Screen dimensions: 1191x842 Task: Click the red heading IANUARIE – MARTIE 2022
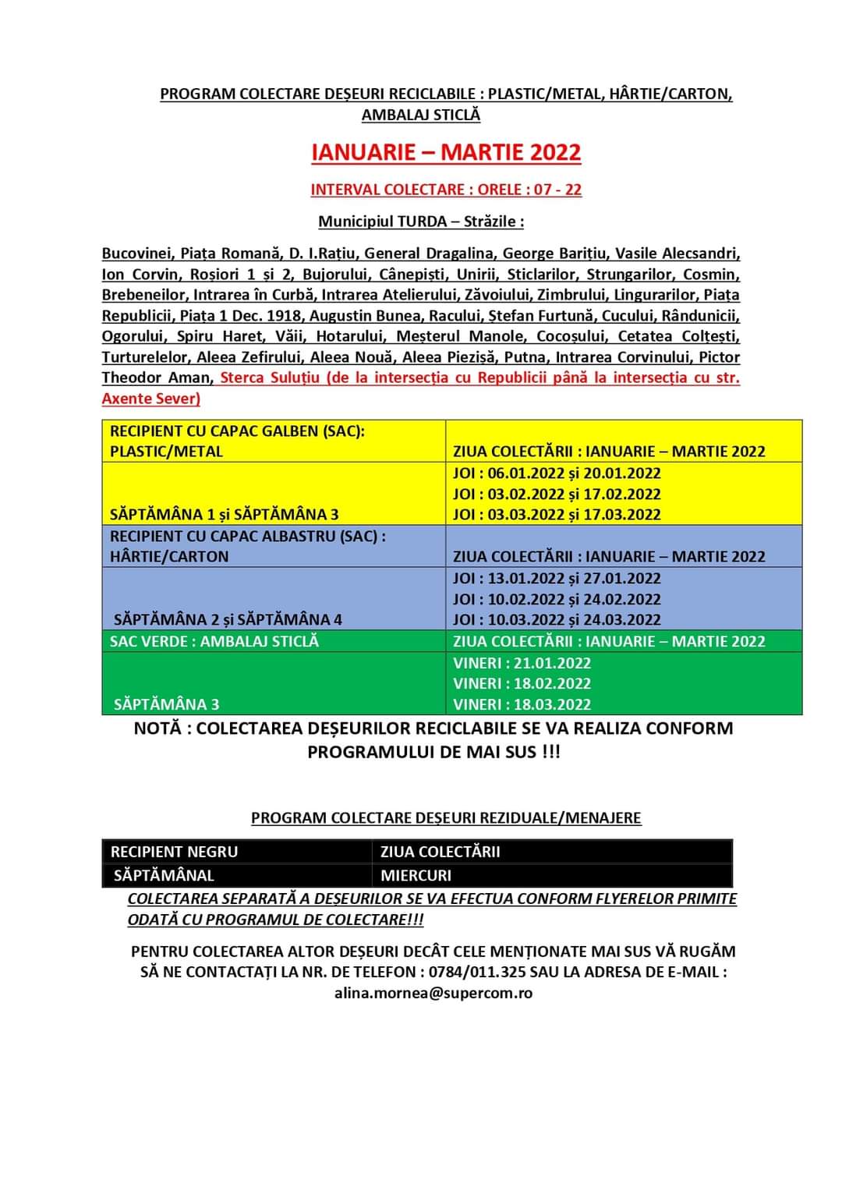coord(446,152)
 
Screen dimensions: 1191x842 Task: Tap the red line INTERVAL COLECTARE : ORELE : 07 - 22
coord(446,190)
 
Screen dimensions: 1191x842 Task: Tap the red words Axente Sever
coord(150,399)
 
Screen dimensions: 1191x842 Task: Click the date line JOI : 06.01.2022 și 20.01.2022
coord(557,473)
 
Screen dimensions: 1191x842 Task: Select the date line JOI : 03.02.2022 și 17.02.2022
coord(557,494)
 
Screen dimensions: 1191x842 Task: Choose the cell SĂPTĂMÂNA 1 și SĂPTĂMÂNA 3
coord(225,514)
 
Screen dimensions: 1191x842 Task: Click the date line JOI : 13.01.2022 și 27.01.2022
coord(557,579)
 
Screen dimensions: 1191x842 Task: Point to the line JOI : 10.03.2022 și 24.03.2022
coord(557,619)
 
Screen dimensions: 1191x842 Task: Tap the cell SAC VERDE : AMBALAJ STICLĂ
coord(214,641)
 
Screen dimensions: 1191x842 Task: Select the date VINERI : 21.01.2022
coord(522,663)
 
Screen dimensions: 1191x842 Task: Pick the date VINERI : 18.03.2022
coord(522,704)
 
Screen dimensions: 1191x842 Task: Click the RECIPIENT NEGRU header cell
coord(175,852)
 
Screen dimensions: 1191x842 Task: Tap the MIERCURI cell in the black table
coord(416,875)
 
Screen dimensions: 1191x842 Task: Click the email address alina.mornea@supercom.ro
coord(433,993)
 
